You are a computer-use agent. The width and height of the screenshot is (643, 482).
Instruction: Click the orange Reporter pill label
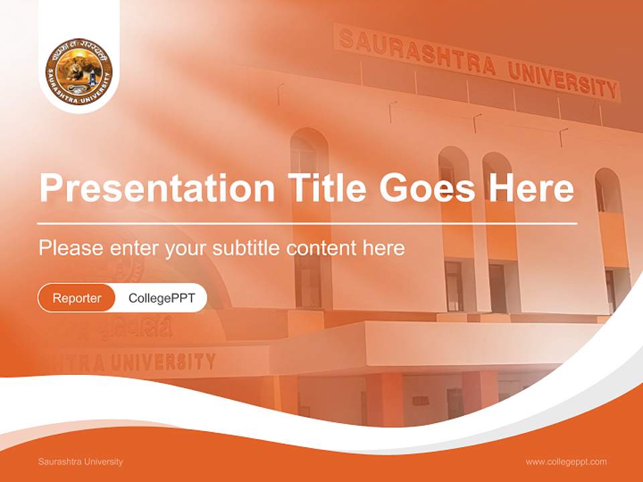(77, 298)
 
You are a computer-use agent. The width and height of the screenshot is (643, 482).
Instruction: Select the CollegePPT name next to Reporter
(161, 298)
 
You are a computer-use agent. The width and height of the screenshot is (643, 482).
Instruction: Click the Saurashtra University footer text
(80, 461)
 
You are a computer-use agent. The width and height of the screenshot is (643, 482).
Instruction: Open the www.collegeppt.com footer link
(566, 461)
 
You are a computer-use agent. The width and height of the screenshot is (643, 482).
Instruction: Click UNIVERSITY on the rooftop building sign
(563, 80)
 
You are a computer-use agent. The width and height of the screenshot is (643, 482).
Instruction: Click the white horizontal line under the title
(307, 223)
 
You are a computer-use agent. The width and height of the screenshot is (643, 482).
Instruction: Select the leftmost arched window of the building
(309, 167)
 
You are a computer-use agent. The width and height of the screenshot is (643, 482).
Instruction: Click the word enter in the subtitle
(133, 248)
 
